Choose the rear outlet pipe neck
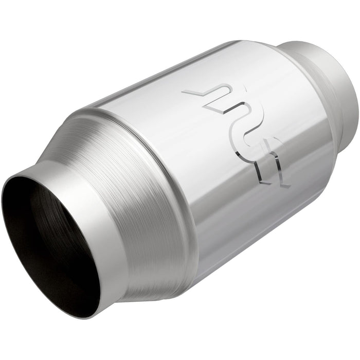pyautogui.click(x=329, y=77)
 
